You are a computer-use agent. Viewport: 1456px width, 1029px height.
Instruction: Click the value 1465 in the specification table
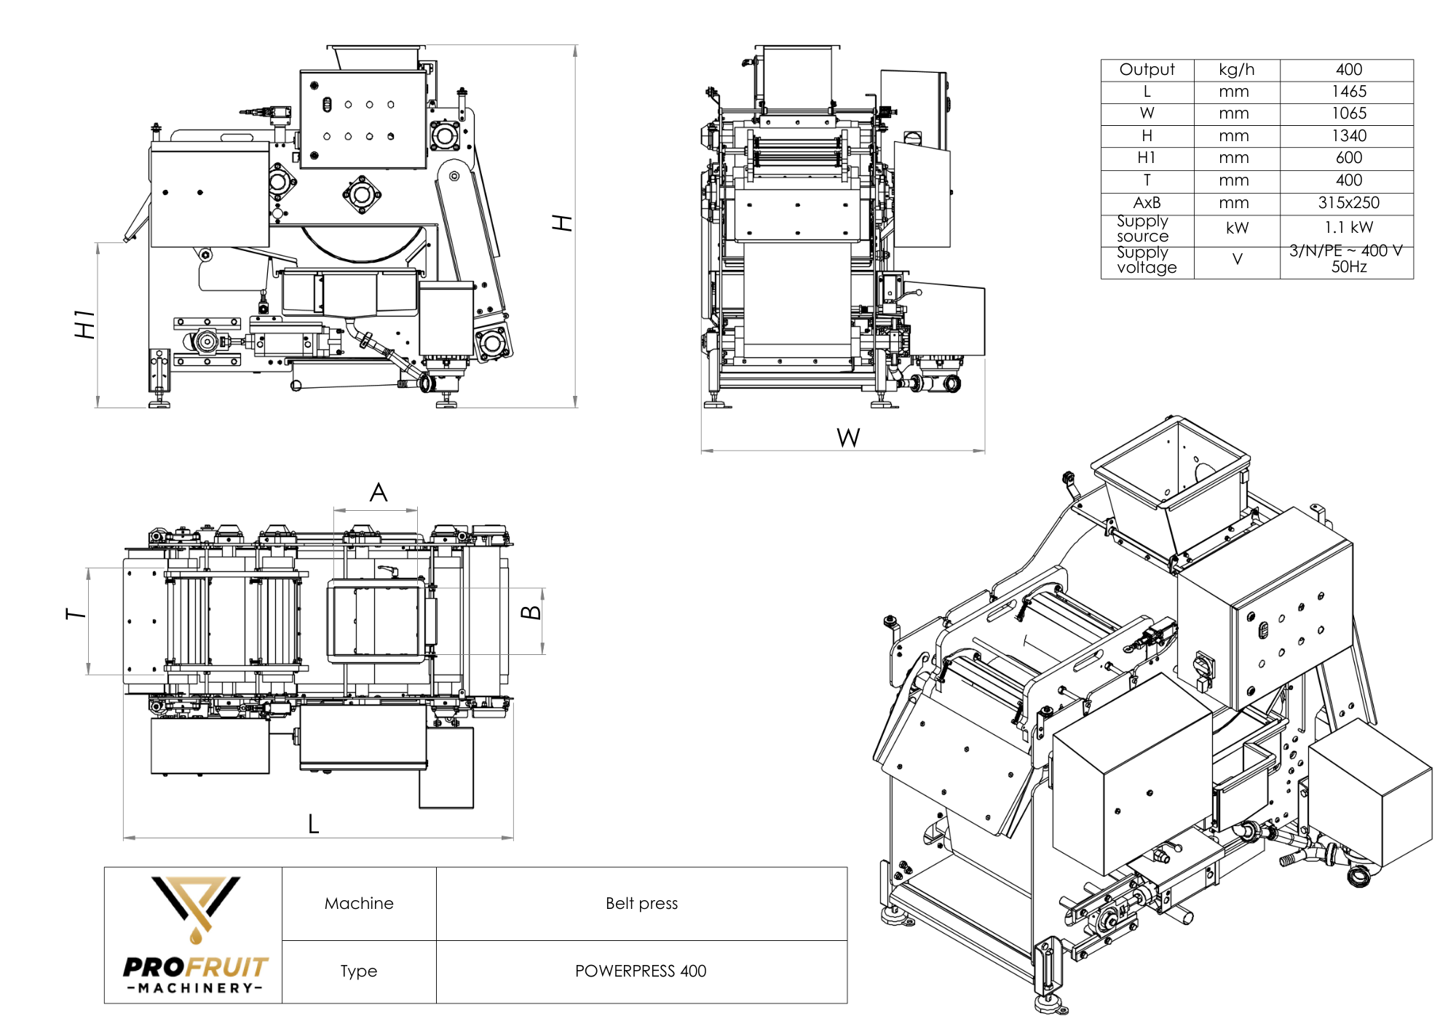[x=1348, y=92]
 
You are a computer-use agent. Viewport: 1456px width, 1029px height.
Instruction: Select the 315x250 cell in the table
[x=1348, y=203]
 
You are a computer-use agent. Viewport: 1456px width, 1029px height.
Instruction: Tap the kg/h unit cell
[x=1236, y=70]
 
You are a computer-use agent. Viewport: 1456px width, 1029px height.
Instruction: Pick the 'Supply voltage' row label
[x=1147, y=261]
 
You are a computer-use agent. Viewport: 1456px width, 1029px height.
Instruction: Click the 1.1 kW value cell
[x=1348, y=228]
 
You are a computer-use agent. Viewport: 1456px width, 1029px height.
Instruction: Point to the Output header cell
[x=1147, y=70]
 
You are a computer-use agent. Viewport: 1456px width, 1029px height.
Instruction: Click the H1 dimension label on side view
[x=85, y=324]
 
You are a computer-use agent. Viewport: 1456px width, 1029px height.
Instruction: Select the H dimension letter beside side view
[x=563, y=223]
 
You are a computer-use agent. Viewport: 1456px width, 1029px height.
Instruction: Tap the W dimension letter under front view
[x=848, y=437]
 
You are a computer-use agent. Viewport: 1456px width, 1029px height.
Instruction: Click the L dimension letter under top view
[x=313, y=824]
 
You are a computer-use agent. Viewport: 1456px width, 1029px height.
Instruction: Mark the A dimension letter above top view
[x=378, y=493]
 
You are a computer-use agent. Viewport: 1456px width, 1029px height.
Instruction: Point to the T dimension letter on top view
[x=76, y=614]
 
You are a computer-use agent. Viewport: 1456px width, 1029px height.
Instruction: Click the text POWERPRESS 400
[x=641, y=971]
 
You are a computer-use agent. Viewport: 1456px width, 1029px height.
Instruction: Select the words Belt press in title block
[x=641, y=903]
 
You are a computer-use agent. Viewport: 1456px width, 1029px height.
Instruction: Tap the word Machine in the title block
[x=359, y=903]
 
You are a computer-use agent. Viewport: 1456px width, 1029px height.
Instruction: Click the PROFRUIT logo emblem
[x=195, y=906]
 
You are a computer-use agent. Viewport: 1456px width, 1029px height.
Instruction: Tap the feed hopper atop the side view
[x=376, y=57]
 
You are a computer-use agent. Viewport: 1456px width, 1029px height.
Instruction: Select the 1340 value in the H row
[x=1348, y=136]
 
